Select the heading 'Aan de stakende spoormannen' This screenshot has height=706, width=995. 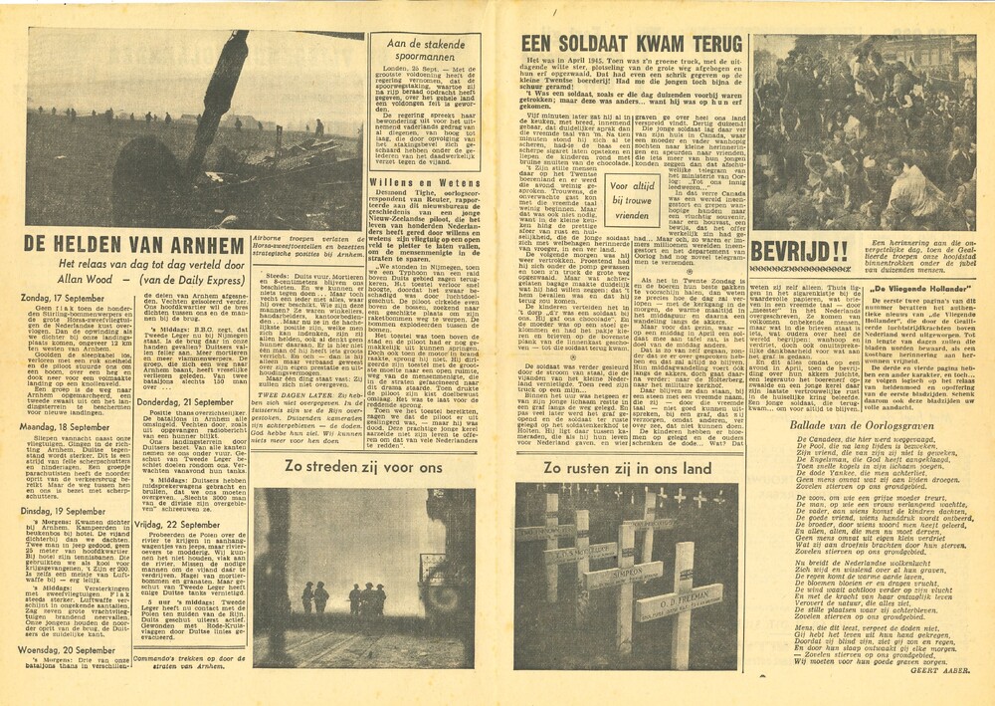tap(425, 51)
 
